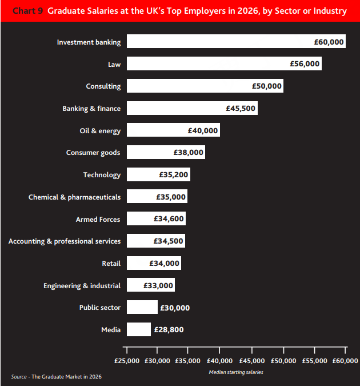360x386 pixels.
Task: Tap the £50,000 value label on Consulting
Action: (x=267, y=86)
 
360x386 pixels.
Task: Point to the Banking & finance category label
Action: (x=91, y=109)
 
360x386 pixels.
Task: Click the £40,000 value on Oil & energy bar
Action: (x=203, y=130)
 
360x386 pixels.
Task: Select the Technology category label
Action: (x=102, y=175)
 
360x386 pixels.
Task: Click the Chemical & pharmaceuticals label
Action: (x=74, y=197)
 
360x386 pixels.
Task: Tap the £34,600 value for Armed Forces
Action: (x=169, y=219)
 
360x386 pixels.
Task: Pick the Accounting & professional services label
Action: (x=65, y=241)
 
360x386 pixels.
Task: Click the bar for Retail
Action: (x=153, y=263)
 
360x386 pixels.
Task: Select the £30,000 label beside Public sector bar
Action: (x=175, y=308)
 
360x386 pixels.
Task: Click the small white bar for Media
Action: (x=139, y=329)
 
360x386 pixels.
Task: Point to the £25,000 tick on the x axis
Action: (x=127, y=361)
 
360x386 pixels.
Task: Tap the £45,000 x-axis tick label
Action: (x=252, y=361)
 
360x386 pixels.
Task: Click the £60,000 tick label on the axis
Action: (x=345, y=361)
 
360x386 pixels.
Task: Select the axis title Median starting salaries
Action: (x=236, y=372)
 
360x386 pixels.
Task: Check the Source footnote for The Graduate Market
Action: (x=56, y=377)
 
